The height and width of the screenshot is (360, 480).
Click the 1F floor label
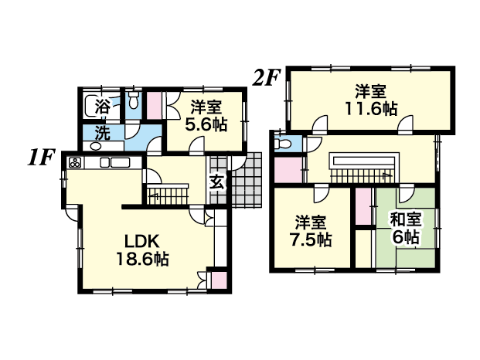(41, 158)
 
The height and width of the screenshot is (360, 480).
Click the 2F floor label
(266, 78)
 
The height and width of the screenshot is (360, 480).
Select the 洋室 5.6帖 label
(206, 116)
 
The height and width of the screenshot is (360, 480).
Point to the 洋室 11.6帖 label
(371, 100)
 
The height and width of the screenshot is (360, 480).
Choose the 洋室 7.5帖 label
(311, 231)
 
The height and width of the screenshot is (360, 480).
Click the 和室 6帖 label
(406, 228)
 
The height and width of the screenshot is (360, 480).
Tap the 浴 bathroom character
(103, 107)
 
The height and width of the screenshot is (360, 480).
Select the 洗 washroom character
(102, 133)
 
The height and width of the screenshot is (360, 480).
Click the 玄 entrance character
(218, 182)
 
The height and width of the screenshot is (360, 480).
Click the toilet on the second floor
(281, 143)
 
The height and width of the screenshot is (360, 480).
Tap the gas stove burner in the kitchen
(75, 163)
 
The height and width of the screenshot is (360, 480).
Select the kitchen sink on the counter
(116, 162)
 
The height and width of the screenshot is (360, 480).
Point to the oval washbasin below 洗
(97, 146)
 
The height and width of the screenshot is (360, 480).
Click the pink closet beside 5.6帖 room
(155, 106)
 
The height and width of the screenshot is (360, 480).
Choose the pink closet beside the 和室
(363, 206)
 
